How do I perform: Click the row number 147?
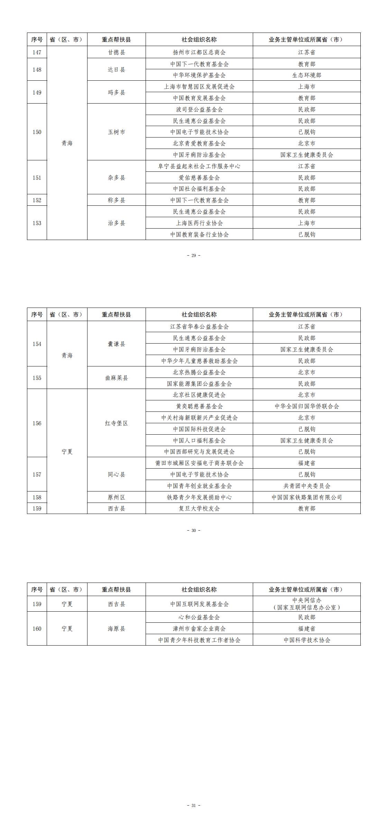click(37, 52)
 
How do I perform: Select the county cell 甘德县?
click(116, 52)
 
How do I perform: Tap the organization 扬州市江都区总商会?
click(199, 52)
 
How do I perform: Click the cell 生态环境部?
click(306, 75)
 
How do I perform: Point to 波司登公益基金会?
click(199, 109)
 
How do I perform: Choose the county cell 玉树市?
click(116, 132)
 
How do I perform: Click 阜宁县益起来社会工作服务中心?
click(199, 166)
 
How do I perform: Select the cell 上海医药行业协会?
click(199, 223)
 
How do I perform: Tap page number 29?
click(194, 256)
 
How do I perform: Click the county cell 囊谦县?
click(116, 344)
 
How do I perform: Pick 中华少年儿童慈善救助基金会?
click(199, 361)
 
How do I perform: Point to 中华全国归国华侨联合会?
click(306, 406)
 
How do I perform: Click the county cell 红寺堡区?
click(116, 423)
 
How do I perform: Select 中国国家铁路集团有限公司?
click(306, 497)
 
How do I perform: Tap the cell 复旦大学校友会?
click(199, 508)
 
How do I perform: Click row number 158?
click(37, 497)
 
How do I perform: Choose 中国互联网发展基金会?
click(199, 604)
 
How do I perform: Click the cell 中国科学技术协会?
click(306, 640)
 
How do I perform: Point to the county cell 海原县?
click(116, 629)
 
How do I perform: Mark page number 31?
click(194, 806)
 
